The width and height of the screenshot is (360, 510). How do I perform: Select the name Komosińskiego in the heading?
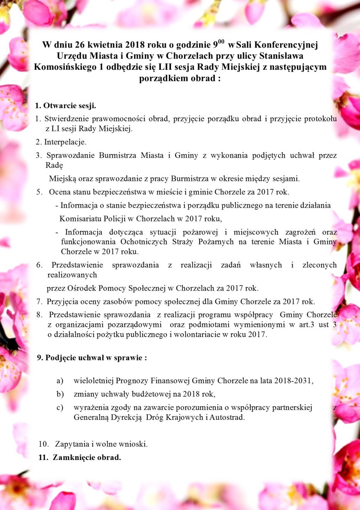click(65, 67)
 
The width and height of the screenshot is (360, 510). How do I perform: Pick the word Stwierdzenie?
click(67, 119)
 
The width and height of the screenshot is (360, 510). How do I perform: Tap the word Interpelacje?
click(65, 142)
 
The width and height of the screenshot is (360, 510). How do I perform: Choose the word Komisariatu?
click(81, 219)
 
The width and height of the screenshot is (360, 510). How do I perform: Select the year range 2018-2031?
click(293, 381)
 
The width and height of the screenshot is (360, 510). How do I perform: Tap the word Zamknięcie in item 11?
click(73, 458)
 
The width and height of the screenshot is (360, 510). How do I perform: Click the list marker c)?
click(60, 408)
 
